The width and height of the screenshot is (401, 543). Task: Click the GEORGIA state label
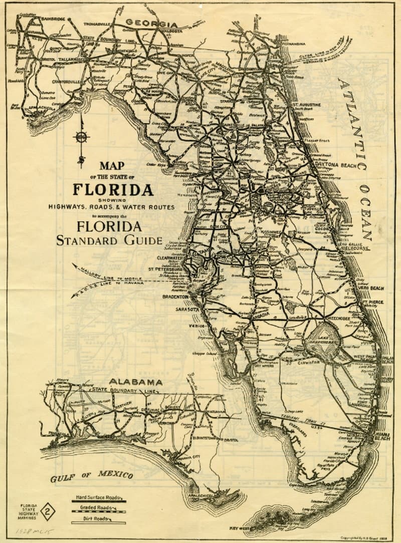click(x=151, y=23)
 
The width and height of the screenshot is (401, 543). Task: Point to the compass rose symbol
click(x=81, y=137)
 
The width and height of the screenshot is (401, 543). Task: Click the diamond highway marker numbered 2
click(x=48, y=511)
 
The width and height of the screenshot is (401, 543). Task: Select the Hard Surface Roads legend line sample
click(x=98, y=501)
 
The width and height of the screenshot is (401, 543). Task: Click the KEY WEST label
click(x=240, y=528)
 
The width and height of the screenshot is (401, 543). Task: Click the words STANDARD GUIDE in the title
click(x=109, y=240)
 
